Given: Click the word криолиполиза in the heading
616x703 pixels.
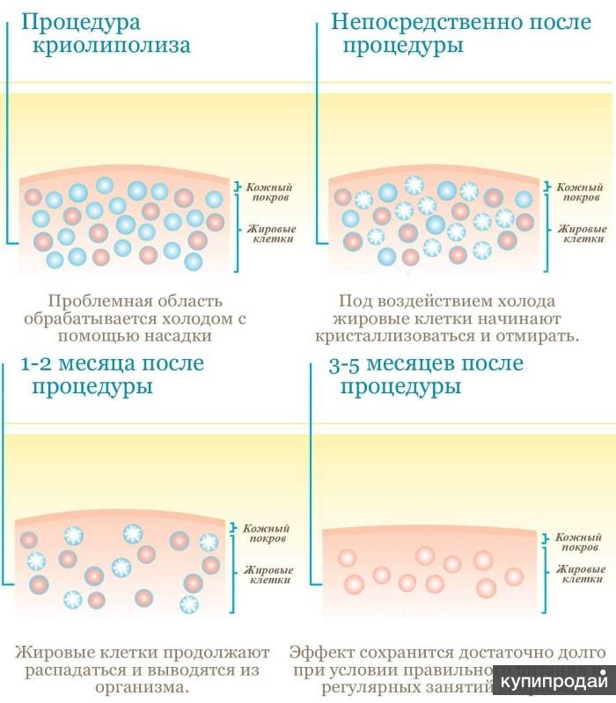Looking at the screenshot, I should [x=111, y=45].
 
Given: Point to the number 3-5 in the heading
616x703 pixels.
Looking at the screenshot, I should [x=347, y=363].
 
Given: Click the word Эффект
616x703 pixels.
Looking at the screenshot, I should [x=322, y=652].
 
